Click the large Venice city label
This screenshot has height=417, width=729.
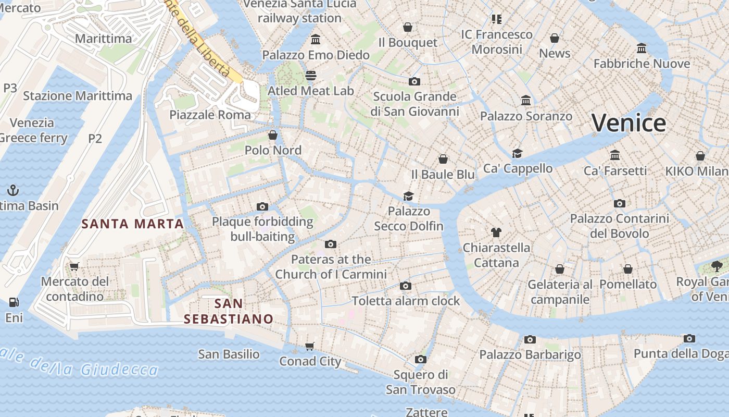coord(629,124)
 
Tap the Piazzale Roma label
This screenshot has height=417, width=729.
coord(210,115)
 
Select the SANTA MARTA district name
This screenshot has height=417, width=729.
coord(133,224)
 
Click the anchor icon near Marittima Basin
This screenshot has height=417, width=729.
coord(13,190)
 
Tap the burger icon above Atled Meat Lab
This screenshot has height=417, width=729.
coord(311,76)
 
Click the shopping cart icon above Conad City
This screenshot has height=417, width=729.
coord(310,346)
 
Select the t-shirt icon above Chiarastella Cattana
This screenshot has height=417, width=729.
coord(496,232)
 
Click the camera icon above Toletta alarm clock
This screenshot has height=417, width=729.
coord(406,286)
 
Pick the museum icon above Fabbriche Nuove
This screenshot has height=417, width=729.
coord(642,48)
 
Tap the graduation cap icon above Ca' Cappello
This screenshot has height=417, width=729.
coord(517,153)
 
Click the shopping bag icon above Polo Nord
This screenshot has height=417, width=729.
coord(273,136)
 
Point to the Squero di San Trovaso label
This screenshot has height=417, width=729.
coord(421,382)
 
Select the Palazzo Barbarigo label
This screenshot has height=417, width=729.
coord(530,355)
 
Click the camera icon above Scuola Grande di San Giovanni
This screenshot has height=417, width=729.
coord(414,81)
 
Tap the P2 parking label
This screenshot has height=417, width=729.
coord(95,139)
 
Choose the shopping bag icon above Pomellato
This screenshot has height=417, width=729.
coord(628,269)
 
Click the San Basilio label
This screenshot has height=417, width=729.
coord(229,354)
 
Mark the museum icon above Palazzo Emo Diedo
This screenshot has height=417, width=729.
coord(316,40)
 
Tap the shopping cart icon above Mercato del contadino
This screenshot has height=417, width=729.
coord(74,266)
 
